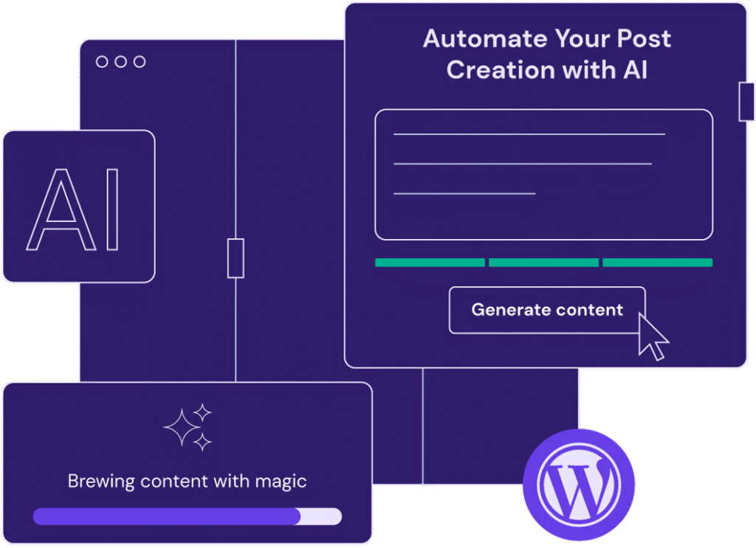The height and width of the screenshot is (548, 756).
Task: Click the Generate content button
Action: click(x=546, y=310)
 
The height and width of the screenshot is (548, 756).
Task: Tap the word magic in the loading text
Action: click(x=281, y=482)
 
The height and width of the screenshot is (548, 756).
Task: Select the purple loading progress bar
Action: click(x=167, y=516)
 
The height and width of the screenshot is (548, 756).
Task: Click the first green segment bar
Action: click(x=430, y=263)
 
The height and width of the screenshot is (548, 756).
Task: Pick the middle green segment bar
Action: click(x=543, y=263)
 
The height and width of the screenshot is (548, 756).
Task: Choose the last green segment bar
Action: click(x=657, y=263)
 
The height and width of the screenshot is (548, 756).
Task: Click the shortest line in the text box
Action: click(x=464, y=193)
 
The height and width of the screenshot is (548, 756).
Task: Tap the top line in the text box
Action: click(x=529, y=134)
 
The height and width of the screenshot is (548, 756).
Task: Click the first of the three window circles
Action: click(x=102, y=62)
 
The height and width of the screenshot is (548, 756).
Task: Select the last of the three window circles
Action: click(x=139, y=62)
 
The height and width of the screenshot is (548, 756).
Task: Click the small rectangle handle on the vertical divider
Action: click(x=236, y=258)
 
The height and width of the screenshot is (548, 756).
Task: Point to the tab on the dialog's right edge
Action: click(x=746, y=101)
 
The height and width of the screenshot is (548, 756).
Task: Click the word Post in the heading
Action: click(x=642, y=39)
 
